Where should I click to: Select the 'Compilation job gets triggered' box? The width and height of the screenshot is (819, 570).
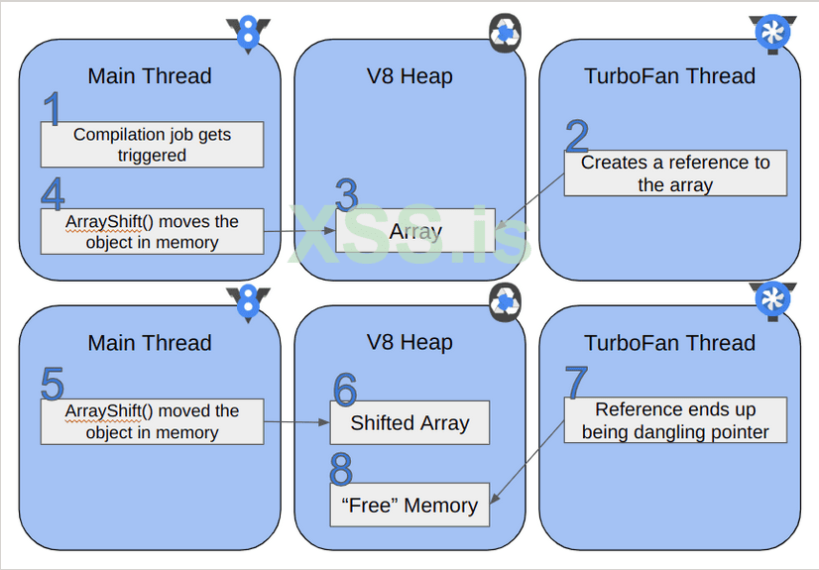pyautogui.click(x=152, y=145)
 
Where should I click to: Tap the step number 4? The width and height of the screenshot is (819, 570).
pyautogui.click(x=53, y=194)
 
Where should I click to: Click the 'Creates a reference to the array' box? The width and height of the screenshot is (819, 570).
pyautogui.click(x=675, y=173)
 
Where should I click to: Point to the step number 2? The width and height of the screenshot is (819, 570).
pyautogui.click(x=576, y=137)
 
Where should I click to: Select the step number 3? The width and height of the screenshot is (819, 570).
pyautogui.click(x=346, y=196)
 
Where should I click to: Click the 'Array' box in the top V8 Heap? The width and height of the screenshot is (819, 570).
pyautogui.click(x=414, y=231)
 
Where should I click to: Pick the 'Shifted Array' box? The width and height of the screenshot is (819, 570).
pyautogui.click(x=409, y=422)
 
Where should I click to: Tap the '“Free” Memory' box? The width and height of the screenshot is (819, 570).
pyautogui.click(x=409, y=505)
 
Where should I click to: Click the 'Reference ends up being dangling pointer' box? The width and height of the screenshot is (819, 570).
pyautogui.click(x=675, y=420)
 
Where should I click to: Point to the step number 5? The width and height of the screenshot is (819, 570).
pyautogui.click(x=53, y=385)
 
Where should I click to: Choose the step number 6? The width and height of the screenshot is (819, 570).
pyautogui.click(x=344, y=390)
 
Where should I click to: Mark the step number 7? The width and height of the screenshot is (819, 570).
pyautogui.click(x=576, y=383)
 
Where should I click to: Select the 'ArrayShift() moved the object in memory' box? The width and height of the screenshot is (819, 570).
pyautogui.click(x=152, y=421)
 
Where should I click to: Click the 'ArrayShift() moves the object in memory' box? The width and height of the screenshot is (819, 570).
pyautogui.click(x=152, y=231)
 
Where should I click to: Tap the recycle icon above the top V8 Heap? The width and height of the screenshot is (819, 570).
pyautogui.click(x=506, y=34)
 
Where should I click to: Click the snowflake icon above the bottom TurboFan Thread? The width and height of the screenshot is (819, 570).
pyautogui.click(x=773, y=299)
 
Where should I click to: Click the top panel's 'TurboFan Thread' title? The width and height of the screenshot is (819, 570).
pyautogui.click(x=669, y=76)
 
